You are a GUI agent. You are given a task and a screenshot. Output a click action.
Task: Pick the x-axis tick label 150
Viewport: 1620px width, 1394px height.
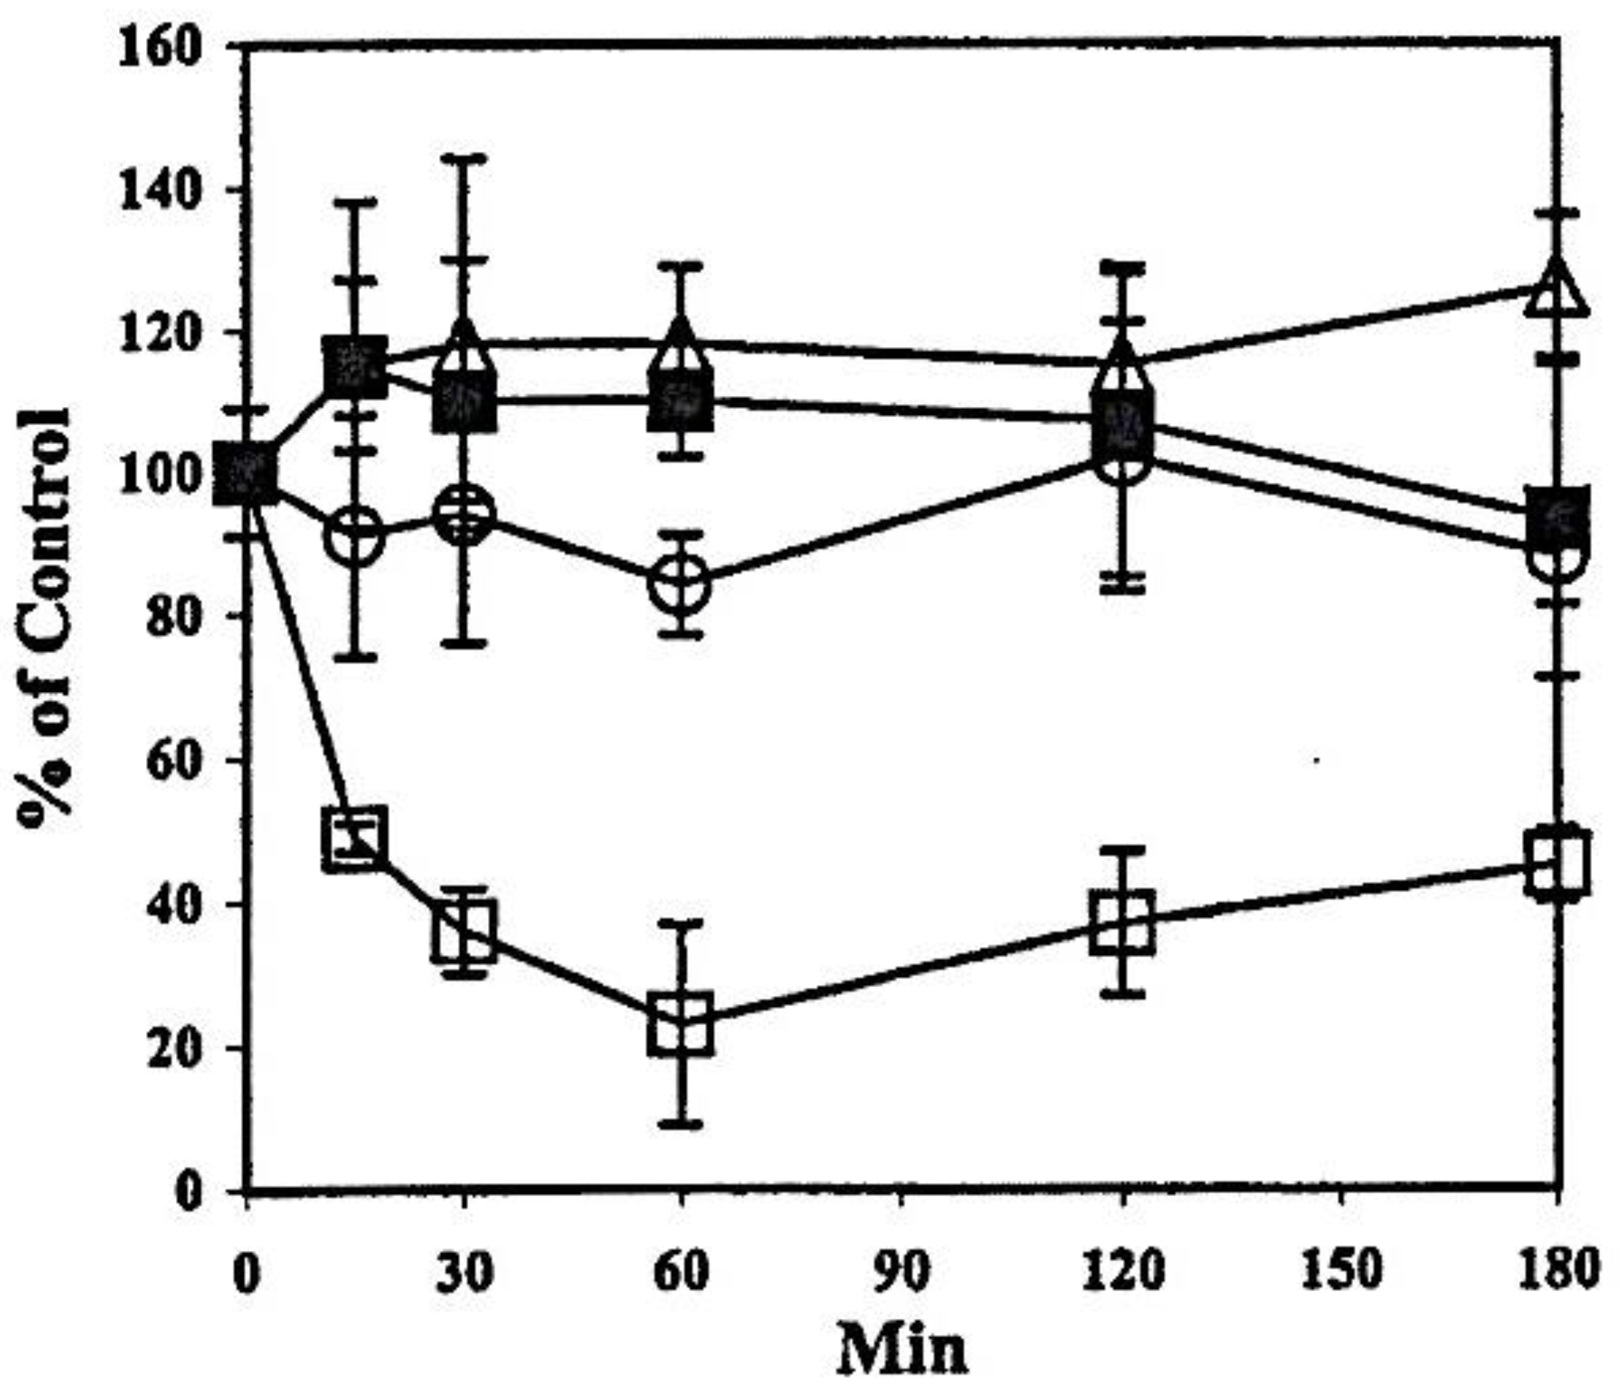coord(1341,1272)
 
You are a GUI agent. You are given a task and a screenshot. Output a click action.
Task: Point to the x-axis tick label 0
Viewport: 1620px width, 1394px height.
coord(247,1272)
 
